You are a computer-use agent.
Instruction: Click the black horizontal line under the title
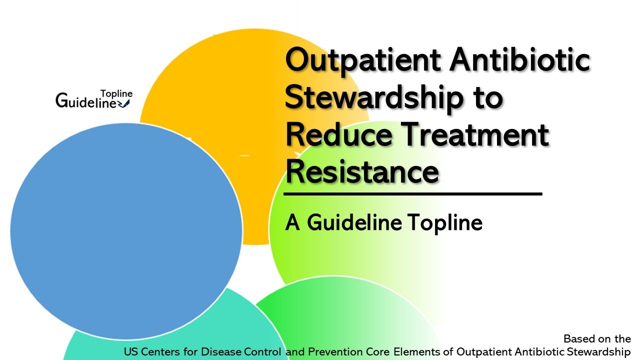click(413, 193)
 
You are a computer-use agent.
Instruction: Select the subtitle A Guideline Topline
click(383, 223)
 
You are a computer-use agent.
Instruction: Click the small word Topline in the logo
click(116, 93)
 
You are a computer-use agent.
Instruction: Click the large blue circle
click(125, 230)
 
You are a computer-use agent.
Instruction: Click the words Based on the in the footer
click(597, 339)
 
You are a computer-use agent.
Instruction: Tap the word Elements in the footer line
click(414, 352)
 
